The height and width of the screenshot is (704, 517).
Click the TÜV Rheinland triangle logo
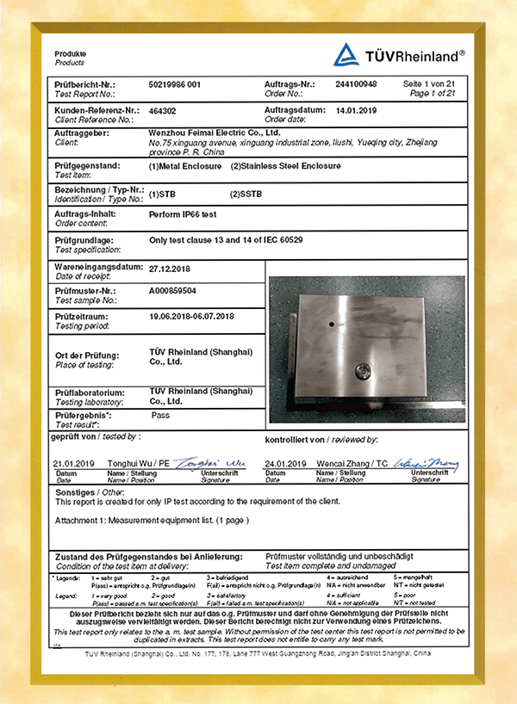346,55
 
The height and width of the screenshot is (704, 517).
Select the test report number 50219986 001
180,85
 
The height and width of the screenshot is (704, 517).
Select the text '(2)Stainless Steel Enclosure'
285,165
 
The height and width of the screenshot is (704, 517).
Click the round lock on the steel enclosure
364,370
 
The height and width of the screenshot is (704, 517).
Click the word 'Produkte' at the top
71,54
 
